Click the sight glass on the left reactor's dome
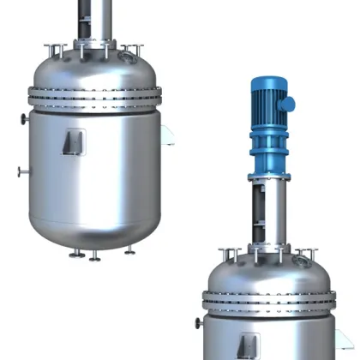(127, 58)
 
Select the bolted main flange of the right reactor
(267, 300)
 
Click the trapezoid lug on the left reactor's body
(74, 141)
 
